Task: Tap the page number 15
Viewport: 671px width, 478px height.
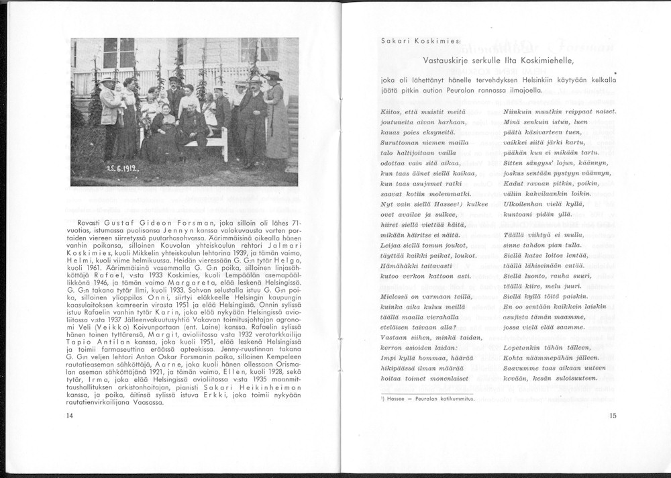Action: point(613,416)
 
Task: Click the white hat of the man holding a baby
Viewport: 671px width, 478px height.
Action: point(107,79)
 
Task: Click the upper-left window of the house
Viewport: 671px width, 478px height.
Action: point(119,52)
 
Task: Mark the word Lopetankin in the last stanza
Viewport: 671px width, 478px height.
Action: point(525,347)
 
